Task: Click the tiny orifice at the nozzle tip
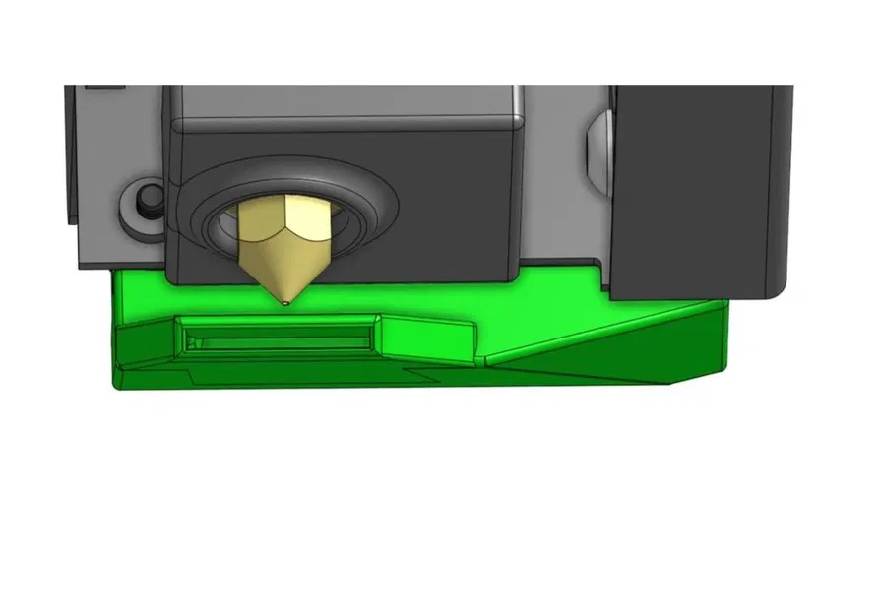point(285,303)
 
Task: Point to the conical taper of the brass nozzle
point(283,271)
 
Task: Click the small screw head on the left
point(149,201)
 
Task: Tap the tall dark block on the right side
point(699,187)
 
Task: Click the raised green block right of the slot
point(428,338)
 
